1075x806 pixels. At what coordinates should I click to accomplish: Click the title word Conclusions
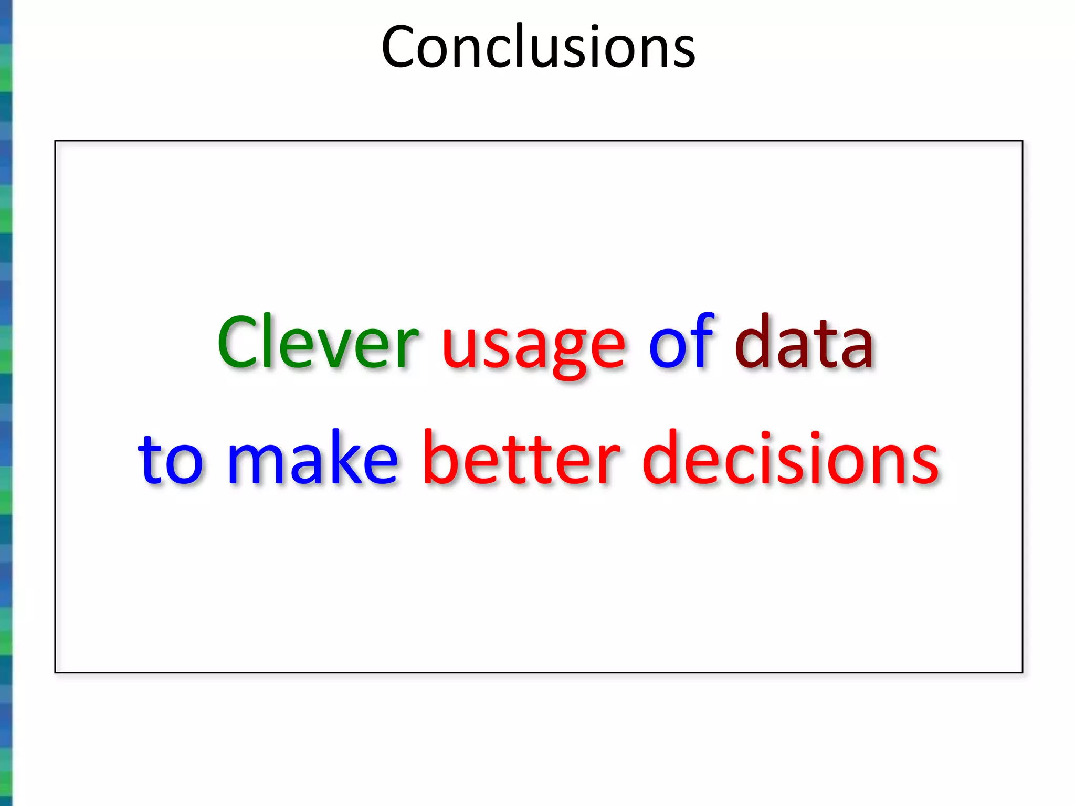pyautogui.click(x=538, y=47)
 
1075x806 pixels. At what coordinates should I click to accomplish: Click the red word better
pyautogui.click(x=521, y=458)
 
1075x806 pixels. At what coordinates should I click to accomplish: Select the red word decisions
pyautogui.click(x=791, y=458)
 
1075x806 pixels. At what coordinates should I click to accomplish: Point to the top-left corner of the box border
pyautogui.click(x=55, y=141)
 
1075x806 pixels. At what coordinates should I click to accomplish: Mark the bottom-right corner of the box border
pyautogui.click(x=1023, y=672)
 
